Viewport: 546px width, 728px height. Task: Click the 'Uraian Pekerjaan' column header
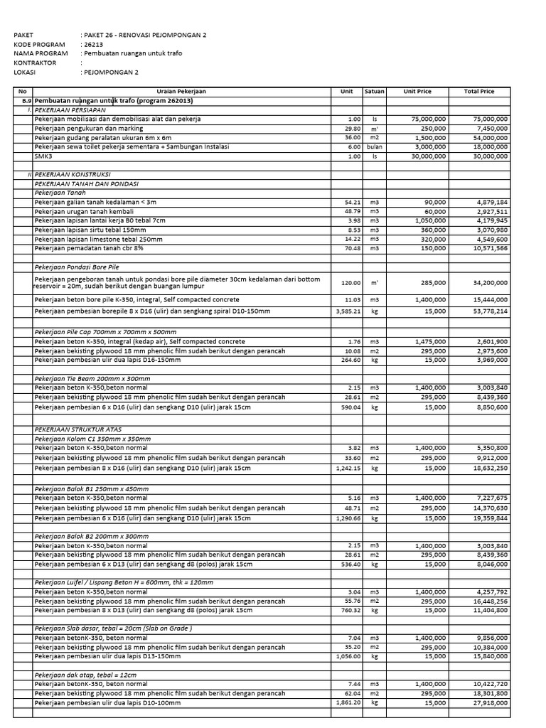coord(181,92)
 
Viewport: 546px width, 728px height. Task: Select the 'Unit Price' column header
coord(417,92)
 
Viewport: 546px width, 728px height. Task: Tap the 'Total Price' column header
coord(478,92)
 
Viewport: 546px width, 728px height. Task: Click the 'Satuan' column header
coord(374,92)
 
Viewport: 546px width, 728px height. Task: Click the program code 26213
coord(93,44)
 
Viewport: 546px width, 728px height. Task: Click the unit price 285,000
coord(433,283)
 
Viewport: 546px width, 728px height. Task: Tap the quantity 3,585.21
coord(348,311)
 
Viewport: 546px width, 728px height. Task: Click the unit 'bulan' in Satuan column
coord(374,147)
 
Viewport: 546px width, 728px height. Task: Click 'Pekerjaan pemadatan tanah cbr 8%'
coord(89,249)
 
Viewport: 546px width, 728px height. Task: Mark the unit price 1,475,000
coord(430,341)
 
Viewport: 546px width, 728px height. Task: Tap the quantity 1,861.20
coord(348,702)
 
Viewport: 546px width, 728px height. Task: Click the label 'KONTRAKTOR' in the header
coord(35,63)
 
